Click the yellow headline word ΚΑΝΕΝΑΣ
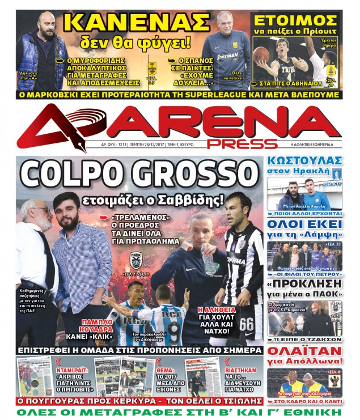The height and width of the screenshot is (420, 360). pos(137,22)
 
